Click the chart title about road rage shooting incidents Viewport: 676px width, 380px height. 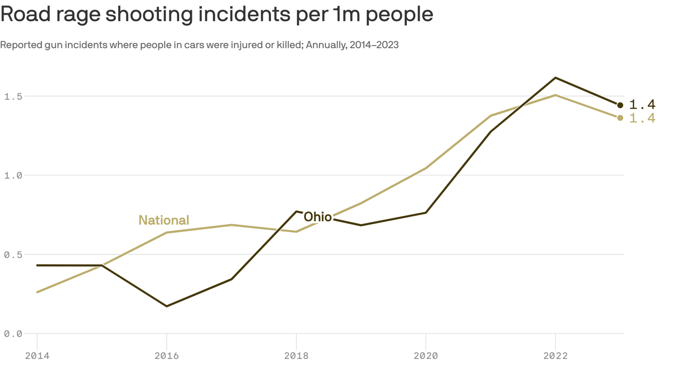pos(217,14)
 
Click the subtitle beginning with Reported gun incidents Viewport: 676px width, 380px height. pos(199,45)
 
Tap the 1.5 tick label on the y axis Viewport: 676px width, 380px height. pos(13,96)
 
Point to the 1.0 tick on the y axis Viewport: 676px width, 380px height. pos(13,175)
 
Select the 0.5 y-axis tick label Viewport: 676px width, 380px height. pos(13,254)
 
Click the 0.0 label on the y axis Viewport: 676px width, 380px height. pos(13,333)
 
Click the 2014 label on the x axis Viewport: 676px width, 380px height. pos(37,356)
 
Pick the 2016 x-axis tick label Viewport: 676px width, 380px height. pos(167,356)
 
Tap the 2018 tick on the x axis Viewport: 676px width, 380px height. pos(296,356)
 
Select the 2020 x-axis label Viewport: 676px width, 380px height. pos(426,356)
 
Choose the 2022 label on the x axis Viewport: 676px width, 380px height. pos(555,356)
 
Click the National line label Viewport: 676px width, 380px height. pos(164,220)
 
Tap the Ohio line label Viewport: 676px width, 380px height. pos(317,217)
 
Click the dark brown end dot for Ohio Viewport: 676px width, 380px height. pos(620,105)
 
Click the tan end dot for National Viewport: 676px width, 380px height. pos(620,118)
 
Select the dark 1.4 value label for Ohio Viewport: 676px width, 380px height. pos(642,104)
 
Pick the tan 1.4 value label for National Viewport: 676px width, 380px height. pos(642,118)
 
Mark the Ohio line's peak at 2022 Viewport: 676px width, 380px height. pos(555,78)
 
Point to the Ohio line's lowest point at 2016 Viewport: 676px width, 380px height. pos(167,306)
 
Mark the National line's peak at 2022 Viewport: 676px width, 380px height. pos(555,95)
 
